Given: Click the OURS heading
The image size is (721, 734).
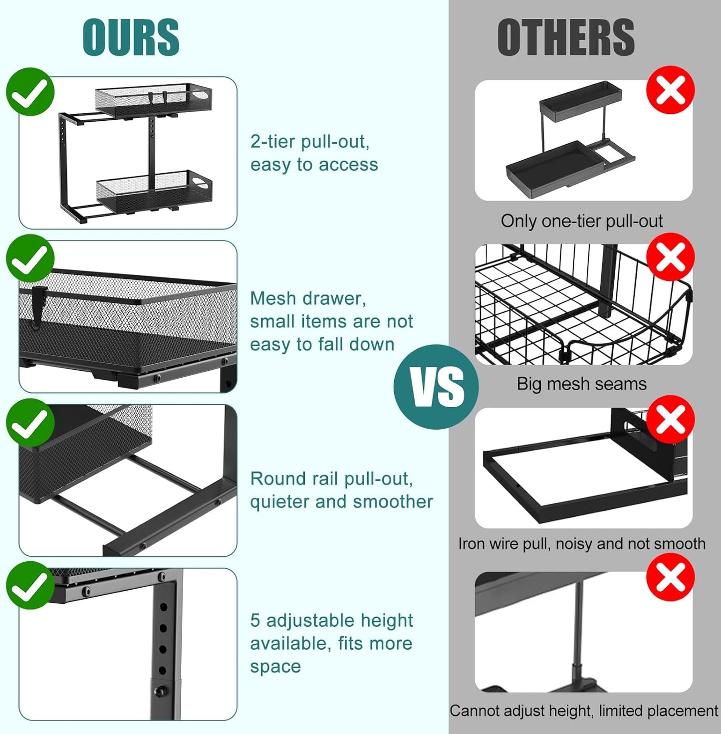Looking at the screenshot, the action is [131, 37].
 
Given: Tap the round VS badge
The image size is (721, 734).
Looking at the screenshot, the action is [436, 387].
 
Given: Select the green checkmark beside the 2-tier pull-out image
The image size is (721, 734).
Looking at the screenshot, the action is [30, 92].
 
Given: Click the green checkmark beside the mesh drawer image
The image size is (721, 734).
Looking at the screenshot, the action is [30, 258].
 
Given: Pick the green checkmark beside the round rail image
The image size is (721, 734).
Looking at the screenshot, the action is [30, 423].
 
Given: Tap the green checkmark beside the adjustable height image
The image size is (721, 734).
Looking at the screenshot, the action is [30, 585].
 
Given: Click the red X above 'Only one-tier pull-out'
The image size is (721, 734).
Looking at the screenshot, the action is [670, 90].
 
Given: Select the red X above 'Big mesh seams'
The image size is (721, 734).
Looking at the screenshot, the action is [670, 257].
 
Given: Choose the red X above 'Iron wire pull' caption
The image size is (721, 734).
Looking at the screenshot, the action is [670, 419].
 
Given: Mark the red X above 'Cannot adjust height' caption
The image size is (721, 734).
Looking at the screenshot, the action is [670, 577].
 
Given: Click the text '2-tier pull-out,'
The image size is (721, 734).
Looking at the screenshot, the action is [310, 142].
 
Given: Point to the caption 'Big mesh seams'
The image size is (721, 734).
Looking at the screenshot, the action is [581, 384].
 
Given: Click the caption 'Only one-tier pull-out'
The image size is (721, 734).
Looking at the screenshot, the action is [581, 221].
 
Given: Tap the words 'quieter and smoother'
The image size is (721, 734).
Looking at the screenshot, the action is [341, 501].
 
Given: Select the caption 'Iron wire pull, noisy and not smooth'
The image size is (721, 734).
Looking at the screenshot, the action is [581, 543].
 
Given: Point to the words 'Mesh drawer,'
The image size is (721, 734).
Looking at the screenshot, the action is [308, 298].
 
